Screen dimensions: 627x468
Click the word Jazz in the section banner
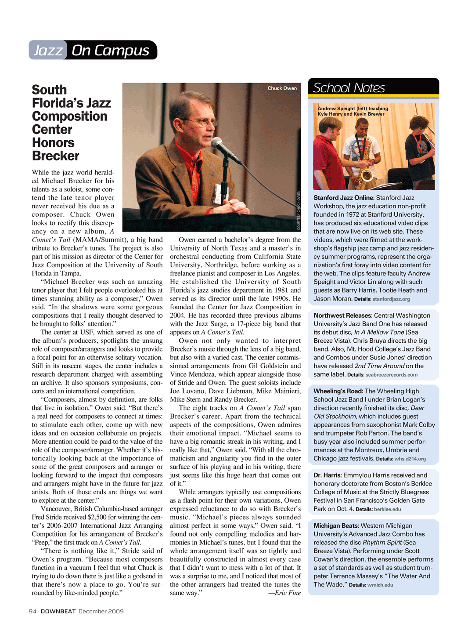pos(48,51)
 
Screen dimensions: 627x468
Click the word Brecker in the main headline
pos(56,156)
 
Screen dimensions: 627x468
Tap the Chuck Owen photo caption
pos(282,88)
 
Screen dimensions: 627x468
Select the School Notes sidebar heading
pos(349,88)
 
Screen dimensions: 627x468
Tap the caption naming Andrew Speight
pos(353,111)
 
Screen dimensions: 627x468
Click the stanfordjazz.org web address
pos(391,299)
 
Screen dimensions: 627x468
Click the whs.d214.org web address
pos(410,459)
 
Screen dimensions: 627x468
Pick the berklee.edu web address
pos(387,509)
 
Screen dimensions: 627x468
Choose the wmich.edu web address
pos(380,585)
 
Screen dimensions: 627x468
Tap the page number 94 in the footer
pos(32,611)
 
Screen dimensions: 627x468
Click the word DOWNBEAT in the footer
pos(58,611)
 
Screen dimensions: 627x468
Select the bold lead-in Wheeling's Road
pos(338,391)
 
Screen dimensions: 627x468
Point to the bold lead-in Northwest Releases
pos(343,315)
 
